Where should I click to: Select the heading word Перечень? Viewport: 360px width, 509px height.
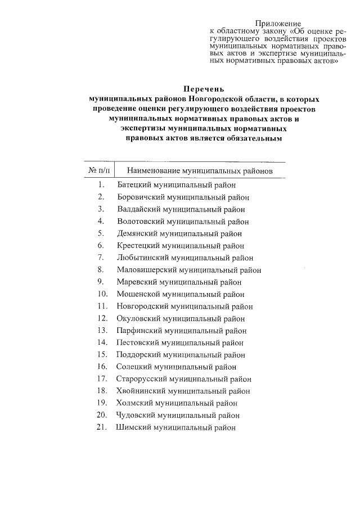204,88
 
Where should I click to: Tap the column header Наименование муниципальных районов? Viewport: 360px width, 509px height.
200,170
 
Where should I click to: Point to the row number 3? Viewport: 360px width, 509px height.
101,209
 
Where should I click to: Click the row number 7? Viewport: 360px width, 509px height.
101,258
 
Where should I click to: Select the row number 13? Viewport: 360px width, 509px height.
102,331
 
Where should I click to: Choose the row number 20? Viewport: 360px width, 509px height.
102,415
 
